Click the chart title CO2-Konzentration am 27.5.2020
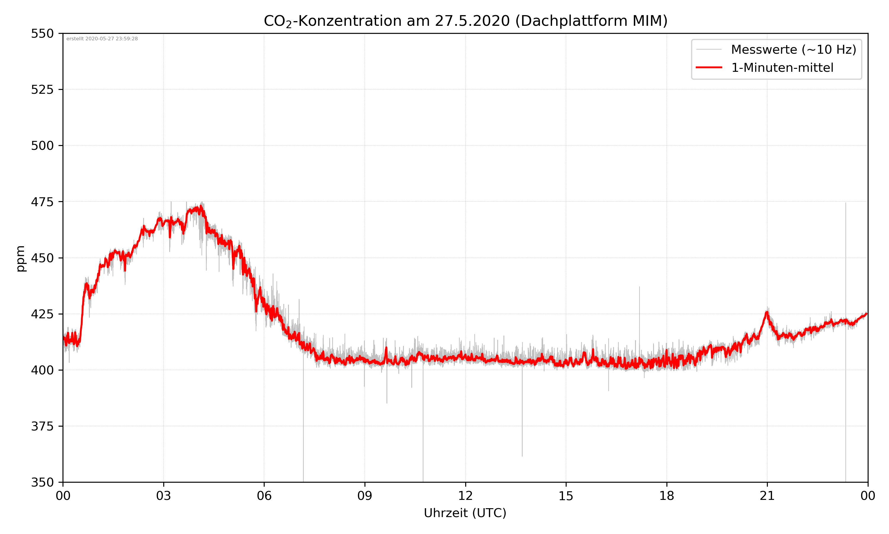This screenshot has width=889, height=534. pos(465,21)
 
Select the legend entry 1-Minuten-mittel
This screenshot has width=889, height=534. pos(782,68)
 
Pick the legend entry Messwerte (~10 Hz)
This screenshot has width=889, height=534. pos(793,50)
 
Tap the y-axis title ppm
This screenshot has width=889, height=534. pos(20,258)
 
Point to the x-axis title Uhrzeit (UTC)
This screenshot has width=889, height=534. pos(465,513)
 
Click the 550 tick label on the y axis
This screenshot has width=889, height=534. pos(42,34)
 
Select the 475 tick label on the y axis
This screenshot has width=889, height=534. pos(42,202)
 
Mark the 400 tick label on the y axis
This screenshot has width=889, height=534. pos(42,370)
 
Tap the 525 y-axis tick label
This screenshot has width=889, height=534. pos(42,90)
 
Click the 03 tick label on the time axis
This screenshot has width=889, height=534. pos(164,496)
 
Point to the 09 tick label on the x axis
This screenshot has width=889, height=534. pos(365,496)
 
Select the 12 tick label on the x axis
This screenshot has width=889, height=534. pos(465,496)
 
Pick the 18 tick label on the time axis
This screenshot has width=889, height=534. pos(666,496)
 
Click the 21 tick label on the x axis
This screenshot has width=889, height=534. pos(767,496)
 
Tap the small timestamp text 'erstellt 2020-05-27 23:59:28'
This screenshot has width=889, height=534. pos(102,39)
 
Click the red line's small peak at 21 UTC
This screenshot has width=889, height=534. pos(767,312)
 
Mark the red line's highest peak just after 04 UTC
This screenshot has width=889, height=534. pos(201,207)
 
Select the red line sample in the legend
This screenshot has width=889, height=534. pos(709,67)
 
